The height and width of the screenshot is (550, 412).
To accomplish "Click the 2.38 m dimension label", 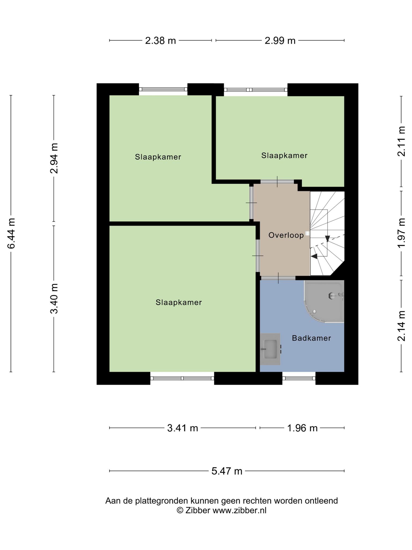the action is pyautogui.click(x=160, y=41).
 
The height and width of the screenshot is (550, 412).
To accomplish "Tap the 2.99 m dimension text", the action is pyautogui.click(x=280, y=41).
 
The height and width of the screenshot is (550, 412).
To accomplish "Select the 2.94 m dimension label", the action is pyautogui.click(x=54, y=158).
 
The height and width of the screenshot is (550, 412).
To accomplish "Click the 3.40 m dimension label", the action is pyautogui.click(x=54, y=298).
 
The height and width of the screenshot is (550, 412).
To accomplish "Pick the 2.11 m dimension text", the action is pyautogui.click(x=401, y=141).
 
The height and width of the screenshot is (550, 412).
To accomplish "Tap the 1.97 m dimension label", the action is pyautogui.click(x=401, y=233).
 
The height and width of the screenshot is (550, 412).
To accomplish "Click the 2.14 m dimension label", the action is pyautogui.click(x=401, y=326).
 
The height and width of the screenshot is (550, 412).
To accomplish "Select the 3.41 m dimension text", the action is pyautogui.click(x=182, y=428).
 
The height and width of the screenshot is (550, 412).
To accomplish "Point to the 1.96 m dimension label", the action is pyautogui.click(x=302, y=428).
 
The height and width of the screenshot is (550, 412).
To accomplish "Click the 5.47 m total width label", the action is pyautogui.click(x=227, y=471).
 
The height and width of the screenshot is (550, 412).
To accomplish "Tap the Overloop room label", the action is pyautogui.click(x=286, y=235).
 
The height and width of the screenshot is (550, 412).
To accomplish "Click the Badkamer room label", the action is pyautogui.click(x=311, y=338).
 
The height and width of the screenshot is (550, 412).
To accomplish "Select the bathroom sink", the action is pyautogui.click(x=270, y=349).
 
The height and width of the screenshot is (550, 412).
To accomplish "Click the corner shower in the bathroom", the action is pyautogui.click(x=324, y=301).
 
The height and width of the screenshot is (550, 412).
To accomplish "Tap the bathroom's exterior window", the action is pyautogui.click(x=299, y=378).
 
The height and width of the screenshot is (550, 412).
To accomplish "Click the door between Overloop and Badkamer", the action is pyautogui.click(x=278, y=278).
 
